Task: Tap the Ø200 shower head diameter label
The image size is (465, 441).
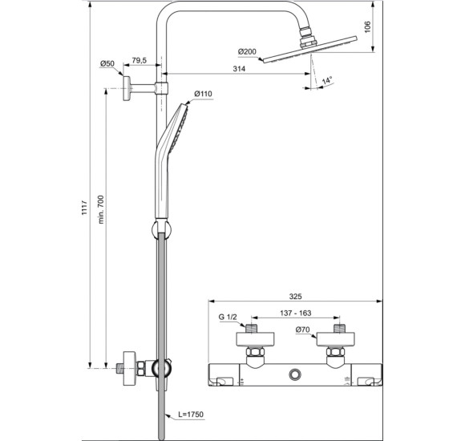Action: pyautogui.click(x=248, y=51)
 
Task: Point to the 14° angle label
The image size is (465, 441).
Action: pyautogui.click(x=326, y=82)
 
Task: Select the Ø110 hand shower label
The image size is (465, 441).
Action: pyautogui.click(x=203, y=94)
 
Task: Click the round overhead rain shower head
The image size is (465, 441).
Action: pyautogui.click(x=311, y=48)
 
